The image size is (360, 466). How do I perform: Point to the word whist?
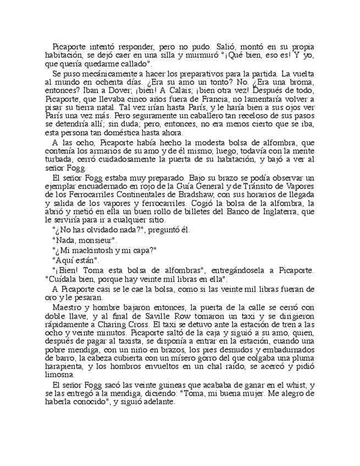286,386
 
